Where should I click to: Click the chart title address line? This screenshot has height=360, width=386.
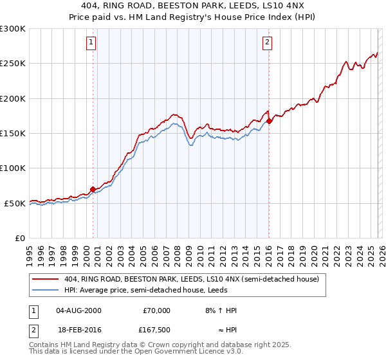[193, 5]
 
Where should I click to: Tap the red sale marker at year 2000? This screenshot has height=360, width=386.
[93, 189]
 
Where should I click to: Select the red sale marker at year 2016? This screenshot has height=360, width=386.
[268, 121]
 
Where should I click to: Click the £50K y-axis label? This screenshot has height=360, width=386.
[15, 203]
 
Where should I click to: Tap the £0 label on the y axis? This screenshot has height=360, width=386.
[21, 238]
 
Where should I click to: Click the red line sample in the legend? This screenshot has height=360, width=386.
[46, 279]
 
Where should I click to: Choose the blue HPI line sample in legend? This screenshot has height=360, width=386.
[46, 290]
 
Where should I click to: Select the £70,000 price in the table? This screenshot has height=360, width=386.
[156, 310]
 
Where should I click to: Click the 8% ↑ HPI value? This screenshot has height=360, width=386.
[220, 310]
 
